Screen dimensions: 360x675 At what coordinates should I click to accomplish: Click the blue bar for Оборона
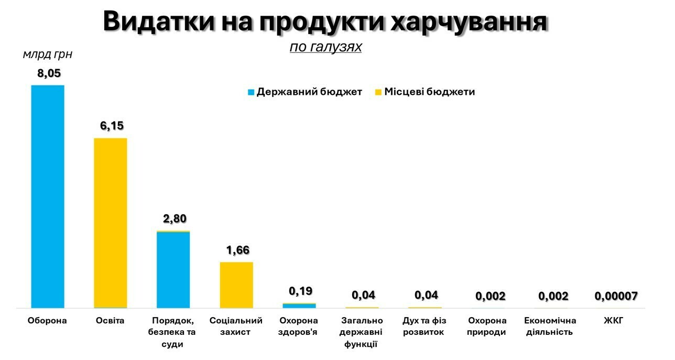coord(48,197)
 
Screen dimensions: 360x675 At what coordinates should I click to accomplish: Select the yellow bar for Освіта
coord(111,223)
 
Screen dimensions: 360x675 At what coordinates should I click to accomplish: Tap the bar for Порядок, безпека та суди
coord(173,269)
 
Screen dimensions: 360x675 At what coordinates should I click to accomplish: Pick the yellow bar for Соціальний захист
coord(236,285)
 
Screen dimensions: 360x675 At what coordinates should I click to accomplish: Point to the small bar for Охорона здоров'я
coord(299,306)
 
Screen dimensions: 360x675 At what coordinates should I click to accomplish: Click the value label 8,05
coord(49,73)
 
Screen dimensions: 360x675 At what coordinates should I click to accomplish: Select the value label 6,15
coord(111,126)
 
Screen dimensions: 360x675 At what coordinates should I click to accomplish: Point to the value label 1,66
coord(237,250)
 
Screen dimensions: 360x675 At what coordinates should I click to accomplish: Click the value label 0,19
coord(300,291)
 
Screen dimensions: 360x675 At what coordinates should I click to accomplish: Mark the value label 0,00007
coord(616,297)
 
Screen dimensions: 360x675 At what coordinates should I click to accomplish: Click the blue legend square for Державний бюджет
coord(251,92)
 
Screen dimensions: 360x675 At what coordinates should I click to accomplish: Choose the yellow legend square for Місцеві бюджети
coord(378,92)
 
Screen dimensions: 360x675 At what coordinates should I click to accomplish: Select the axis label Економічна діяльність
coord(550,326)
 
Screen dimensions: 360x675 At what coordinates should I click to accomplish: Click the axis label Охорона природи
coord(487,326)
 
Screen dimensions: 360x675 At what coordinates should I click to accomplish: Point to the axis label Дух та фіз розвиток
coord(424,326)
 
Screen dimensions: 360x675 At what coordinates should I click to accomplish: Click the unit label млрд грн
coord(47,54)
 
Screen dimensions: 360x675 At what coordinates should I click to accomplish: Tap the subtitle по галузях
coord(325,47)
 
